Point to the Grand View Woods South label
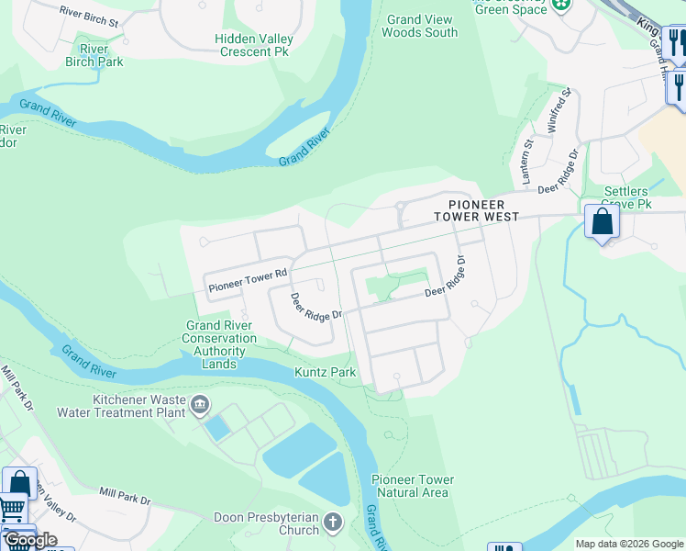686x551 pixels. (x=419, y=26)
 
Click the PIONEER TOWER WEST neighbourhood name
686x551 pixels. (x=477, y=210)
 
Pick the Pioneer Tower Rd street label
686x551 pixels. (x=249, y=280)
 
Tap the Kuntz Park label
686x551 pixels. (x=324, y=372)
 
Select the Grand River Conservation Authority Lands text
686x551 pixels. (x=220, y=344)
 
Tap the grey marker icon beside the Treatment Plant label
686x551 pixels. (x=198, y=403)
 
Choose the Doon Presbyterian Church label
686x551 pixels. (x=266, y=523)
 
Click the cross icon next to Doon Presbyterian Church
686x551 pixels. (x=332, y=523)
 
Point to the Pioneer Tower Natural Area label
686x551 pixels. (x=412, y=486)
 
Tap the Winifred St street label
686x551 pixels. (x=559, y=111)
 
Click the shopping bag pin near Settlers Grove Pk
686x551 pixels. (x=602, y=221)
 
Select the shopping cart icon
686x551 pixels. (x=12, y=508)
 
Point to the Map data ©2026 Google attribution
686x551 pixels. (x=627, y=544)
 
